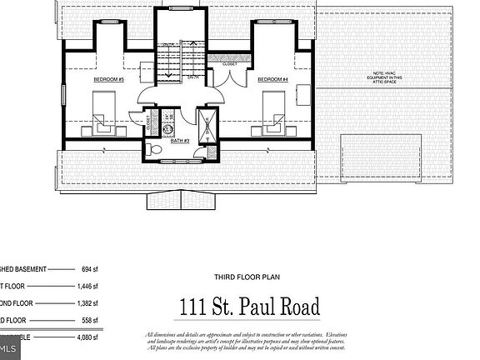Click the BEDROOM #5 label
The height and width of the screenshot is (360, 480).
[108, 79]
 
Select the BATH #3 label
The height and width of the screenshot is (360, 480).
[180, 141]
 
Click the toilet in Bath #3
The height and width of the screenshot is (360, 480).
[153, 148]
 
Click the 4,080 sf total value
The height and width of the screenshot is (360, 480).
[87, 339]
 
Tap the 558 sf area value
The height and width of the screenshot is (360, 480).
[87, 320]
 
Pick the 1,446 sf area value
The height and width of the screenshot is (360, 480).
[87, 285]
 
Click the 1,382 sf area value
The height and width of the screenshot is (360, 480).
[87, 302]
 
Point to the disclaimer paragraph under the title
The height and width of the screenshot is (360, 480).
[249, 342]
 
